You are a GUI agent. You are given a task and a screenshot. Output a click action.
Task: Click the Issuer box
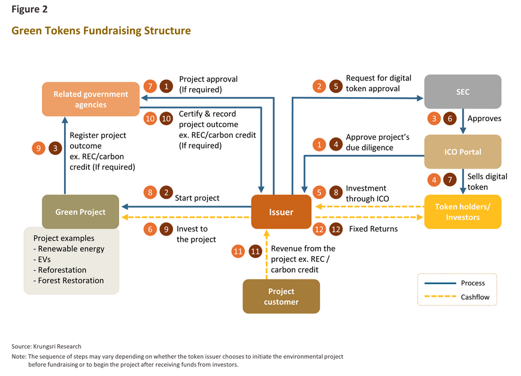pyautogui.click(x=281, y=212)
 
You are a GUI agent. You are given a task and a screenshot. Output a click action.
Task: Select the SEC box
pyautogui.click(x=462, y=92)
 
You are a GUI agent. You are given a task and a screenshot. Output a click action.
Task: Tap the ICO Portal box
pyautogui.click(x=462, y=152)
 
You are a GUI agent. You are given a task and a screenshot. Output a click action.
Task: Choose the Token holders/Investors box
pyautogui.click(x=462, y=212)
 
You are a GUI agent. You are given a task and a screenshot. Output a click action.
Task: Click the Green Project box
pyautogui.click(x=80, y=212)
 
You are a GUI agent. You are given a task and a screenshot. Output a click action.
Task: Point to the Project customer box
pyautogui.click(x=281, y=296)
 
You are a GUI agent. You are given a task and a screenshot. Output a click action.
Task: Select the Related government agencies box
pyautogui.click(x=90, y=99)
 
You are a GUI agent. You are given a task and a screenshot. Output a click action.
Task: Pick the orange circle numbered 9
pyautogui.click(x=38, y=148)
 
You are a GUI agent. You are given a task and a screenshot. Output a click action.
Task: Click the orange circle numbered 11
pyautogui.click(x=238, y=252)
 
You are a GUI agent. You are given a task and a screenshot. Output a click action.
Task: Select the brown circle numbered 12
pyautogui.click(x=336, y=228)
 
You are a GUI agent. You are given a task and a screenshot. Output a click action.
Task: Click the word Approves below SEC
pyautogui.click(x=484, y=119)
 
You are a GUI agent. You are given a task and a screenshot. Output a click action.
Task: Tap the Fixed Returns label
pyautogui.click(x=373, y=228)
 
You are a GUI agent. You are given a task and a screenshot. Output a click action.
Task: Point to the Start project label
pyautogui.click(x=197, y=198)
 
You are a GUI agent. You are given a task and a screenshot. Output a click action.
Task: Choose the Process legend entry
pyautogui.click(x=473, y=283)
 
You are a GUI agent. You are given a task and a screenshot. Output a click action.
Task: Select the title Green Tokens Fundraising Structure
pyautogui.click(x=101, y=31)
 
